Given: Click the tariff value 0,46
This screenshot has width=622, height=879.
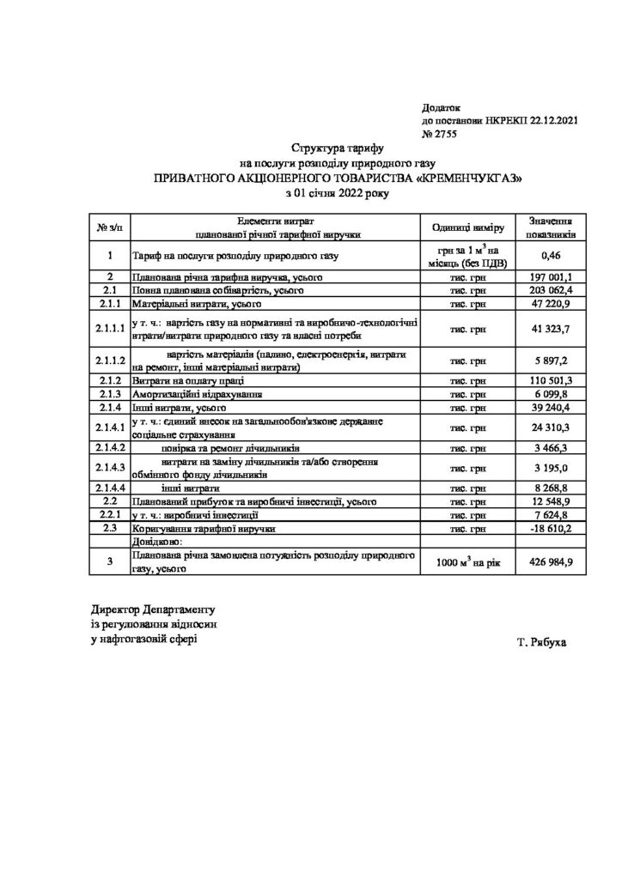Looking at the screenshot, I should (552, 256).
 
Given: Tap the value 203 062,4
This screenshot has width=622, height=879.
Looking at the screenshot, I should (552, 292).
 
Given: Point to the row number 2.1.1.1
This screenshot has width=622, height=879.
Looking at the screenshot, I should (112, 329).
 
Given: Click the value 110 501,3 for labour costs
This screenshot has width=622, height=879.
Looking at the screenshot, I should (552, 380).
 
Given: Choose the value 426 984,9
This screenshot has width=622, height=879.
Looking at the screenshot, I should (552, 562).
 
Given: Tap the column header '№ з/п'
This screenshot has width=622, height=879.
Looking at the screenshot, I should (111, 227).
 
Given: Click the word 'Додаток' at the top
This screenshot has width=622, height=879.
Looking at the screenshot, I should (442, 108).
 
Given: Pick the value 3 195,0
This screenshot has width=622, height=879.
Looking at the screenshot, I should (552, 468).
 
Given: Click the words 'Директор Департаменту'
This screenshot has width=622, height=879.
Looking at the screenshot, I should (150, 609).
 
